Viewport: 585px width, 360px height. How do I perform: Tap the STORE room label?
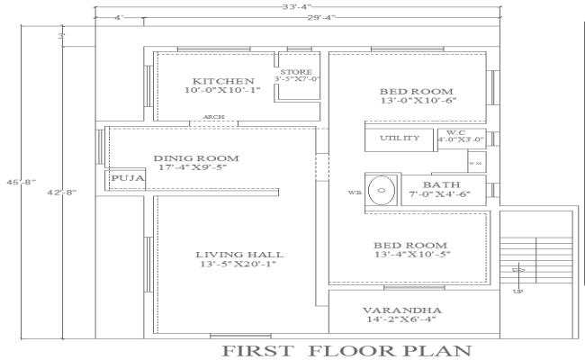pos(296,71)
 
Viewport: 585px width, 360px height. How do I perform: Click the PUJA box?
pos(121,179)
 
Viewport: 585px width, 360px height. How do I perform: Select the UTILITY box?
pos(399,138)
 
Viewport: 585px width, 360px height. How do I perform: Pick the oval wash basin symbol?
pos(382,191)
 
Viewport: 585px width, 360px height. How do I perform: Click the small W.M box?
pos(476,161)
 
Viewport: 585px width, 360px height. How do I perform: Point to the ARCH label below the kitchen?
pos(214,117)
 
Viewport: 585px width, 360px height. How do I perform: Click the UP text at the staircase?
pos(517,291)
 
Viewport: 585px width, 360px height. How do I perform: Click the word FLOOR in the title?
pos(345,349)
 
